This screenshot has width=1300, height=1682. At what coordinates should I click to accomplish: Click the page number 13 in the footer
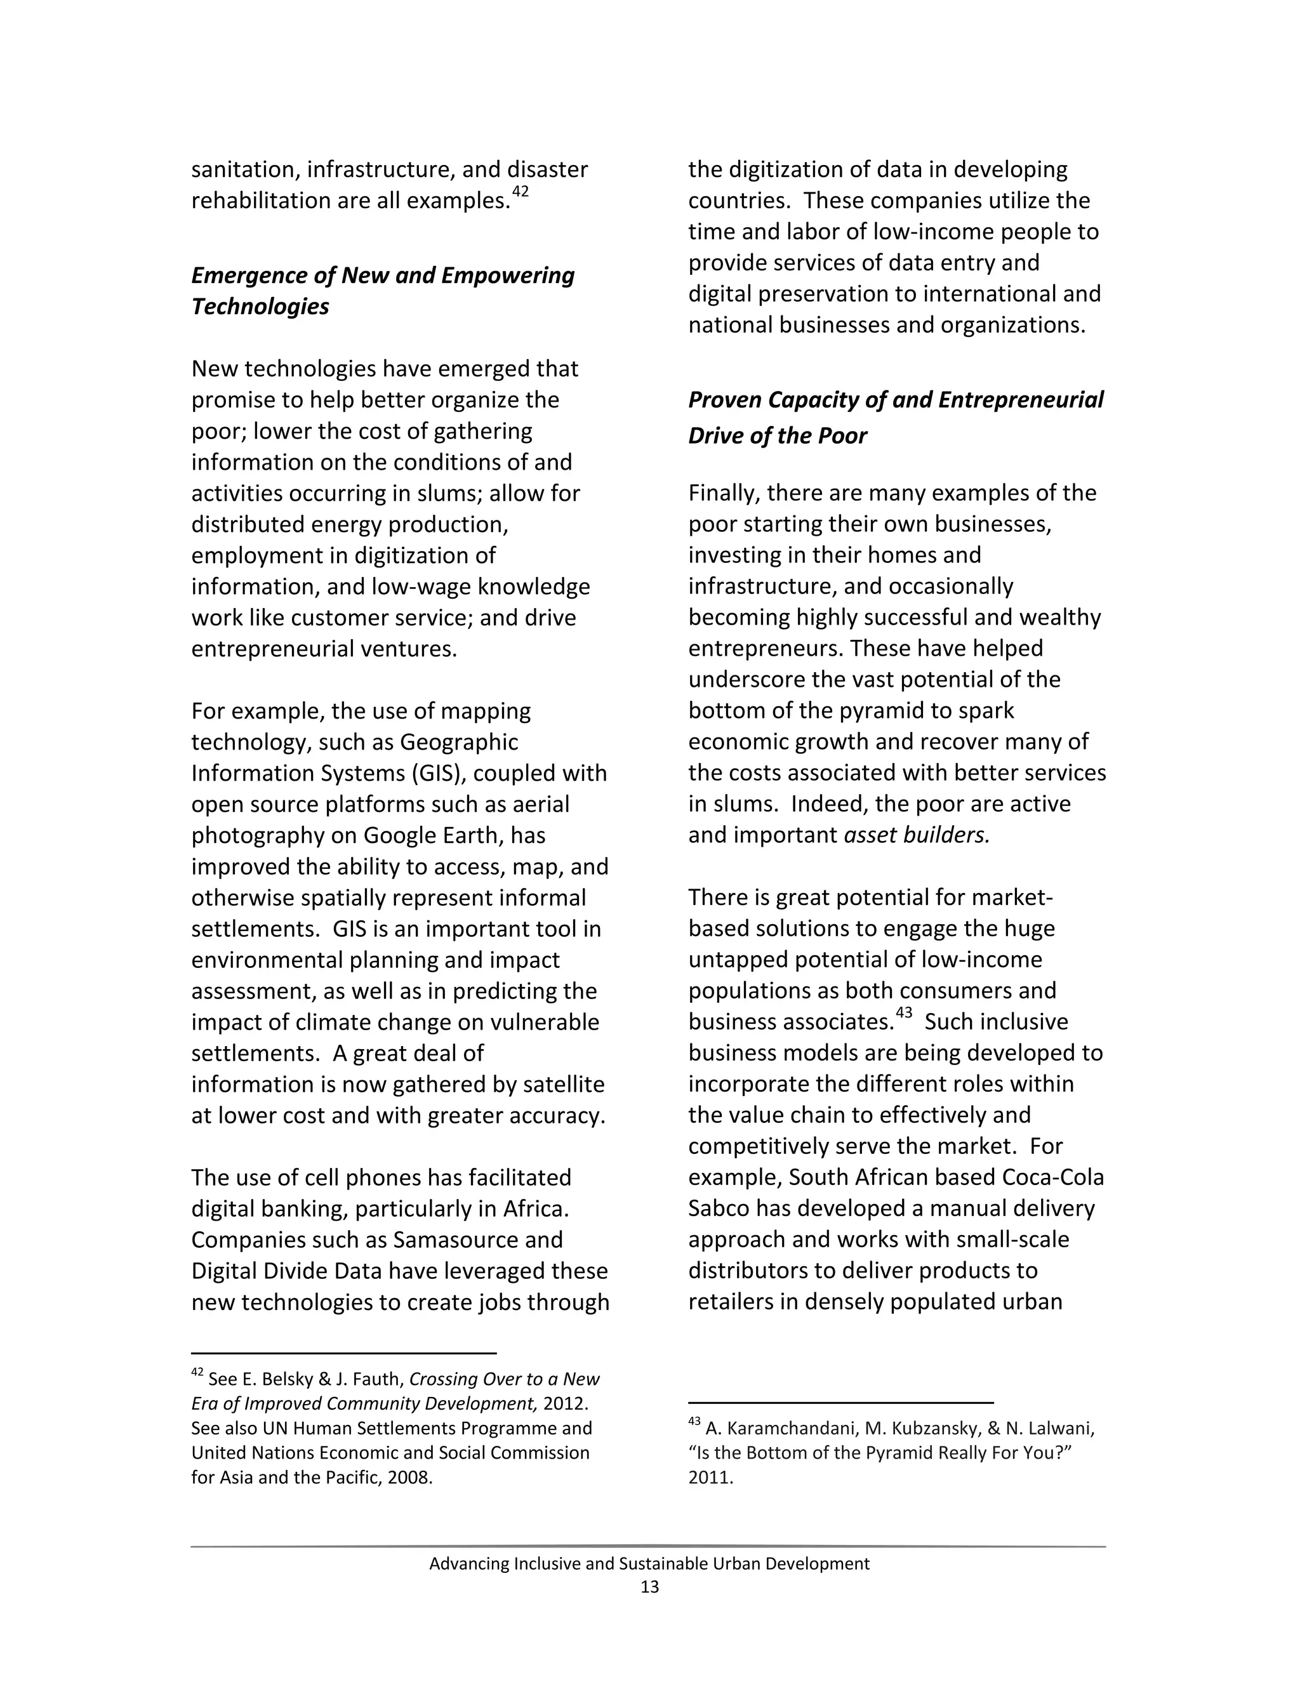(x=649, y=1587)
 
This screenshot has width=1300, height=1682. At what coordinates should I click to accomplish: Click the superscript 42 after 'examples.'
(x=520, y=192)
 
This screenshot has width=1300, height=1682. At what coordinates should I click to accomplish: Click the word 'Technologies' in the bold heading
(x=260, y=307)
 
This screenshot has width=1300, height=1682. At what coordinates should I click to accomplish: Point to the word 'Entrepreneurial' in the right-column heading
(x=1021, y=400)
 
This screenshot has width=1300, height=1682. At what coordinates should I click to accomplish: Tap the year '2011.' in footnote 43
(x=710, y=1478)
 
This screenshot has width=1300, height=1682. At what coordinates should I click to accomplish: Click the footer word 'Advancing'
(x=469, y=1564)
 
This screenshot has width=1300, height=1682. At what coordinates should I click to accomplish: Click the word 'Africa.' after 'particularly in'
(x=535, y=1209)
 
